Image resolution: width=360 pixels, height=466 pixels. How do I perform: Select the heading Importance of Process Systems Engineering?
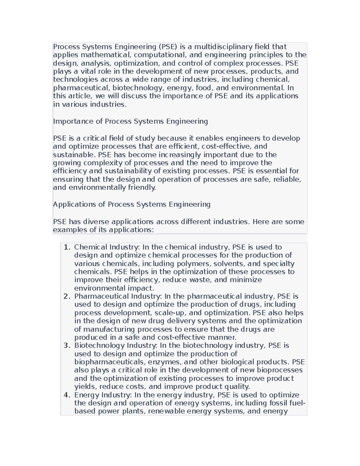130,121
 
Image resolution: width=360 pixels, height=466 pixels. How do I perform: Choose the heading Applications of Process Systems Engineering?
132,204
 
